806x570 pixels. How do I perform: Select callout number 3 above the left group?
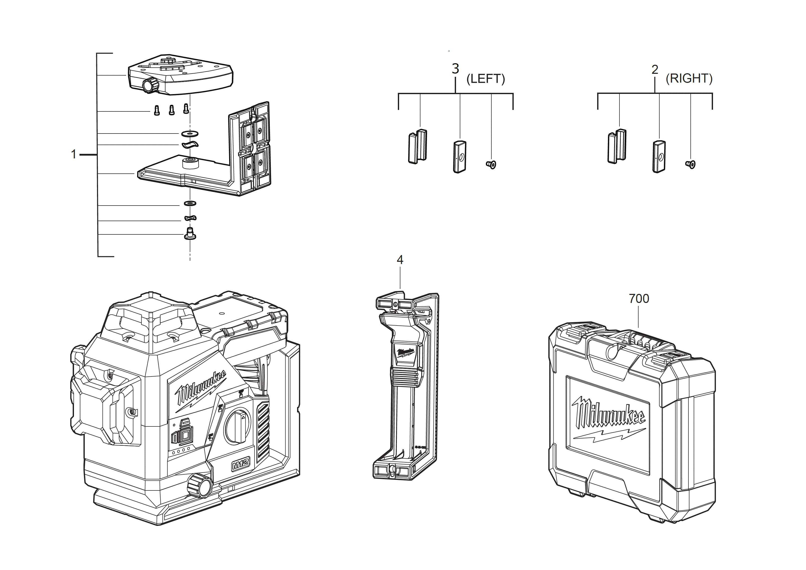pos(455,69)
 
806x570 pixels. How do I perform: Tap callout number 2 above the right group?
pos(655,69)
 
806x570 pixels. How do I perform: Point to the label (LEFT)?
pos(486,79)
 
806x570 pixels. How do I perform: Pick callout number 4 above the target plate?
pos(400,260)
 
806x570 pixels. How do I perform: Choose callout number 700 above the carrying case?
pos(639,298)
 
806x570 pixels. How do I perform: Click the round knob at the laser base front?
pos(199,485)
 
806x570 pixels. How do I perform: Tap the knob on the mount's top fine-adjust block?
pos(150,85)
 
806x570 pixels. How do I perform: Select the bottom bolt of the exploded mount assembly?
pos(190,234)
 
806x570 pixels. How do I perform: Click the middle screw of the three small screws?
pos(172,110)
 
